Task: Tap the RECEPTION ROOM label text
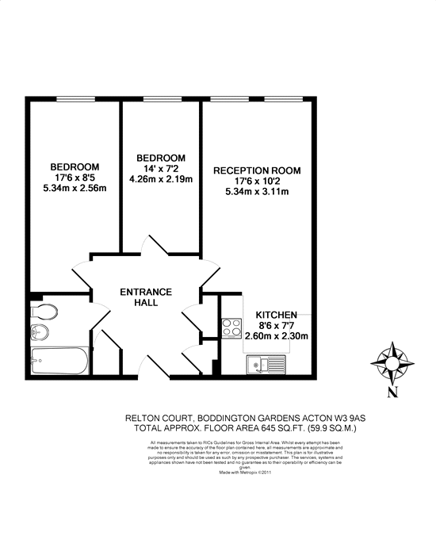pyautogui.click(x=258, y=170)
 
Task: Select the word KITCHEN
pyautogui.click(x=276, y=315)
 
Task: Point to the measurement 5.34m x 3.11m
pyautogui.click(x=258, y=193)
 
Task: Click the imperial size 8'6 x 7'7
pyautogui.click(x=277, y=325)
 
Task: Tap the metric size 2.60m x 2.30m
pyautogui.click(x=276, y=336)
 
